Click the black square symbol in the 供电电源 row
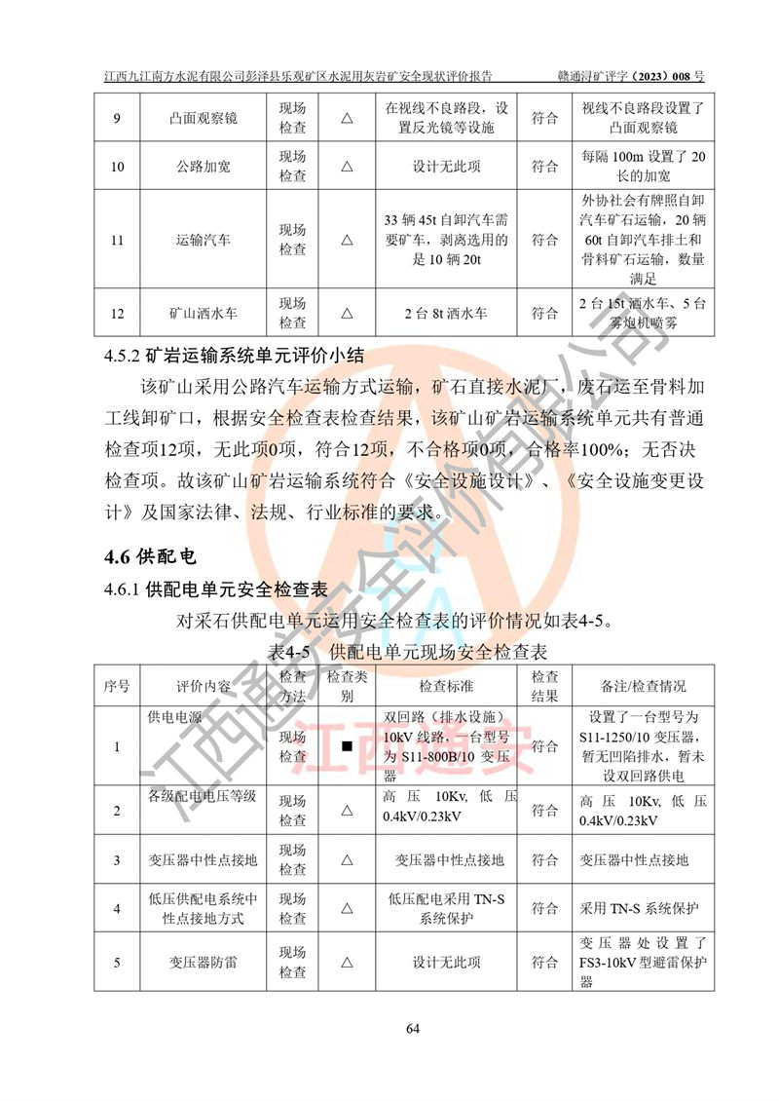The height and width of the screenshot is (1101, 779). (x=346, y=747)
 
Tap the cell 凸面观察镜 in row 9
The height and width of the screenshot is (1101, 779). (x=204, y=119)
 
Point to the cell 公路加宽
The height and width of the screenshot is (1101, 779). (x=204, y=167)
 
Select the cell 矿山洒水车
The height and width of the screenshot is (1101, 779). (x=204, y=314)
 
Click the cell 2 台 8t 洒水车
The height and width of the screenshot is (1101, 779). (x=446, y=314)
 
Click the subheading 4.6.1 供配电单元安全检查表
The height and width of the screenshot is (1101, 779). (x=215, y=589)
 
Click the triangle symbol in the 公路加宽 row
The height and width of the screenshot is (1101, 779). (x=346, y=167)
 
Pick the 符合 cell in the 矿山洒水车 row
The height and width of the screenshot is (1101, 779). (x=545, y=314)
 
